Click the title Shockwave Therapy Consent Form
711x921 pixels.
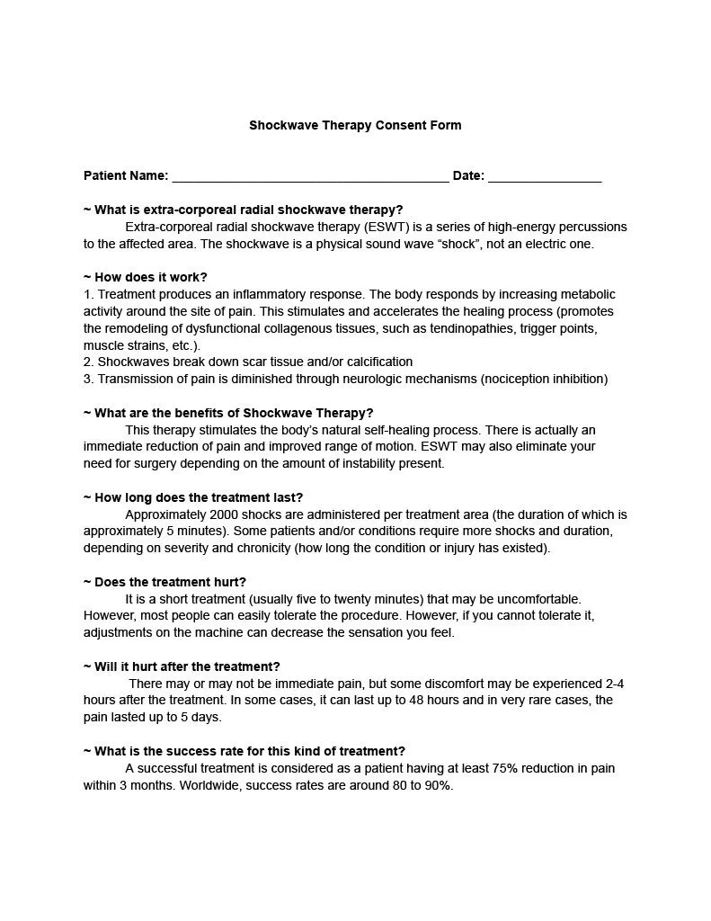pyautogui.click(x=355, y=125)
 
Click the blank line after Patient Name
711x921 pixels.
pyautogui.click(x=310, y=176)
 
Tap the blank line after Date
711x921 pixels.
pyautogui.click(x=545, y=176)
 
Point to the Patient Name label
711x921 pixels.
pyautogui.click(x=126, y=176)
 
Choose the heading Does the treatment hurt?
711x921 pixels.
pyautogui.click(x=164, y=582)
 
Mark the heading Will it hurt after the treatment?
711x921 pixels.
pyautogui.click(x=182, y=666)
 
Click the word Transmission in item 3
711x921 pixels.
pyautogui.click(x=134, y=379)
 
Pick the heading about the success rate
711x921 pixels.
pyautogui.click(x=244, y=751)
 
